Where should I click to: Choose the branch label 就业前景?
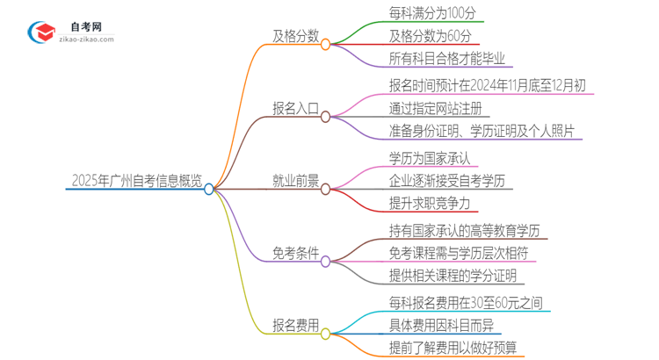[x=295, y=184]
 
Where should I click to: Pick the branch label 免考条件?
[x=295, y=256]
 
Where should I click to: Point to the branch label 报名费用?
[x=295, y=329]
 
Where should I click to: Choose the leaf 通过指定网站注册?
[x=438, y=110]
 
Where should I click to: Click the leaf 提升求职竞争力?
[x=430, y=205]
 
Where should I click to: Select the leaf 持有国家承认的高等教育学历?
[x=464, y=231]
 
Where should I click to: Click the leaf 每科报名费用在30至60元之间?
[x=466, y=303]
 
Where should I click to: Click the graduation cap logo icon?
[x=41, y=31]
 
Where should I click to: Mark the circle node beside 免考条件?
[x=326, y=261]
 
